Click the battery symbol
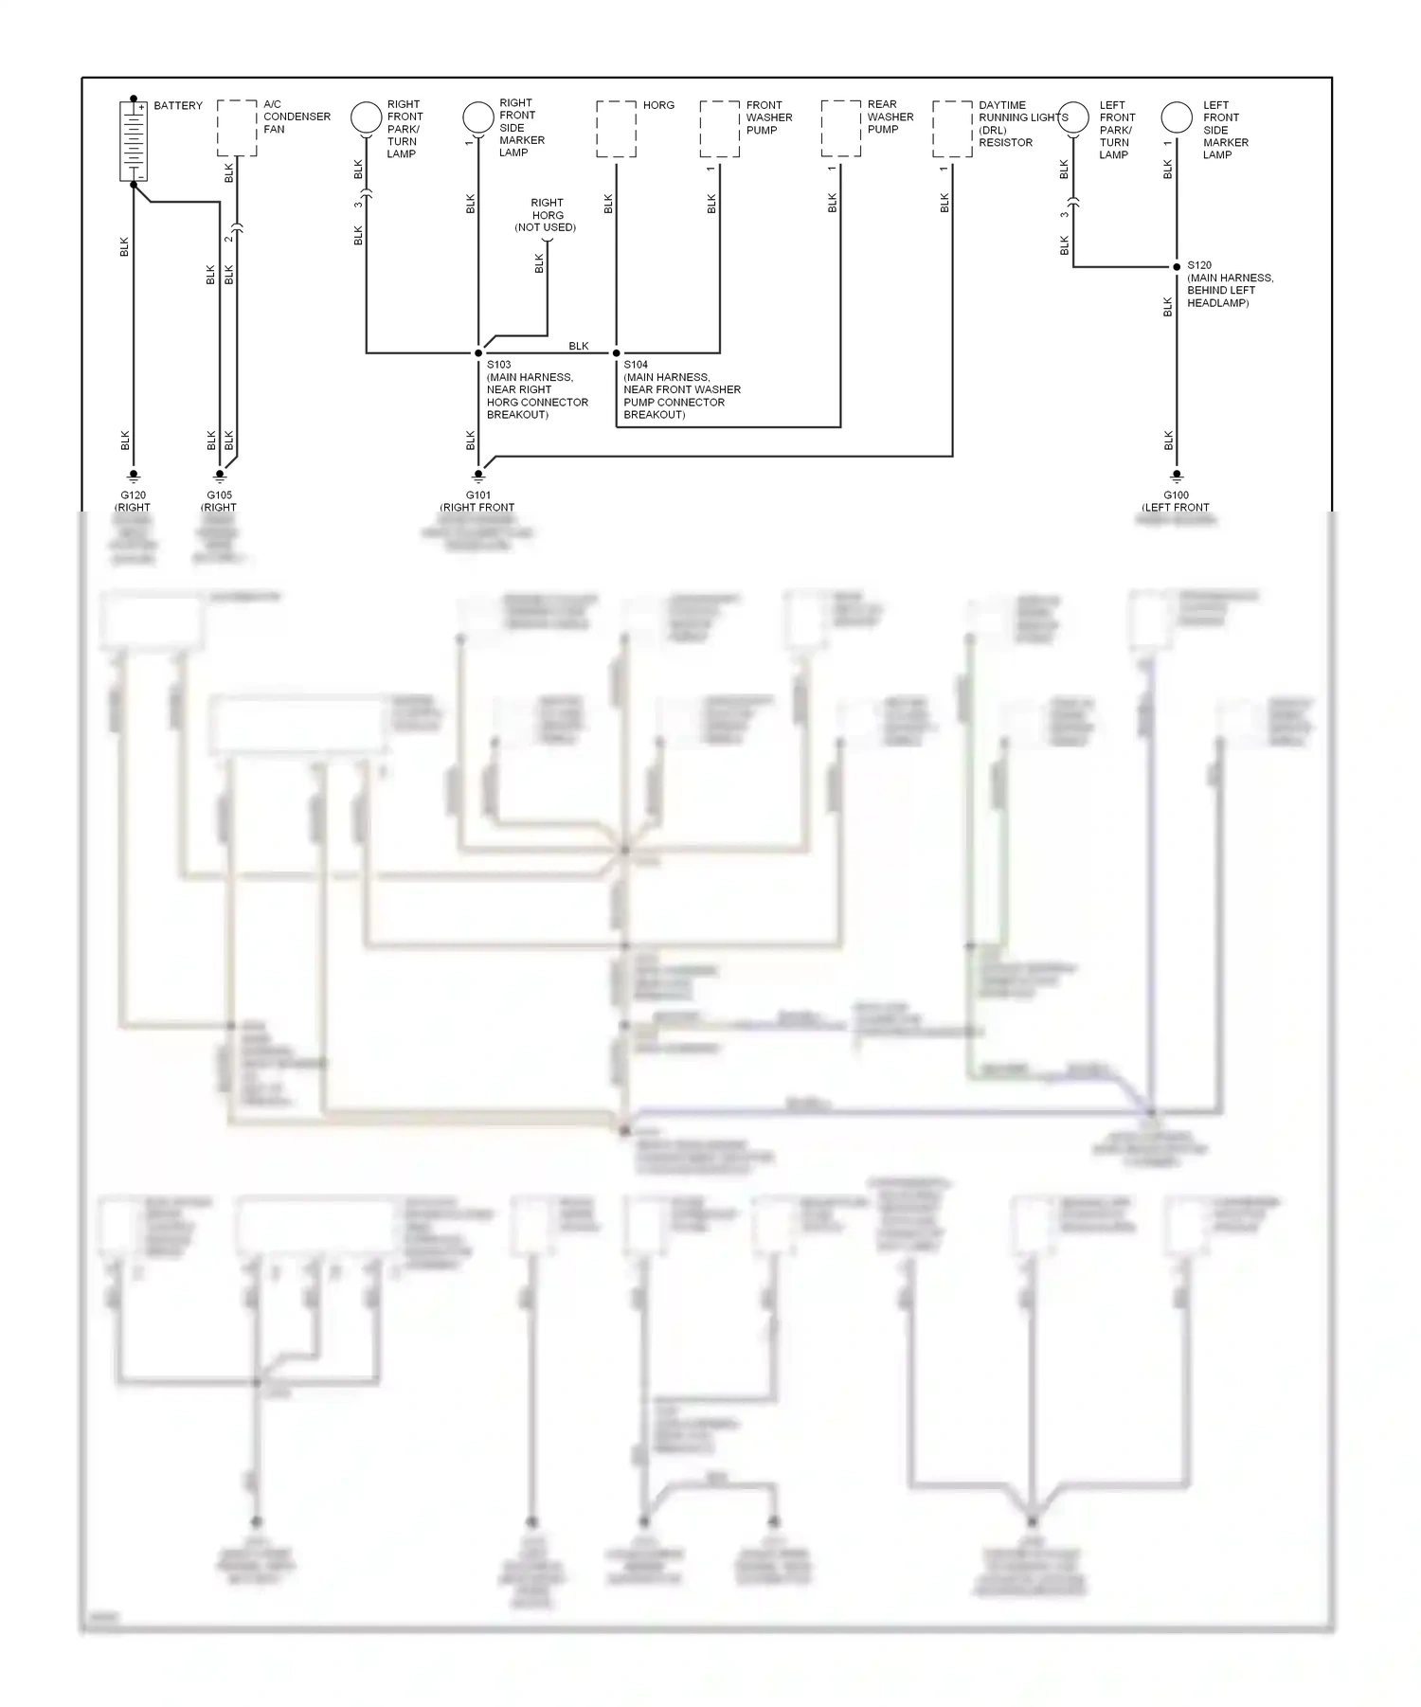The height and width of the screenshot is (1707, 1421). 134,140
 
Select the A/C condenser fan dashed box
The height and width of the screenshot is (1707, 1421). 237,128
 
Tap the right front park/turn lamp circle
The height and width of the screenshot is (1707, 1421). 366,117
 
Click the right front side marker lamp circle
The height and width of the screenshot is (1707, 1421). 478,117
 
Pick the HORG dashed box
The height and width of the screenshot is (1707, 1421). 616,129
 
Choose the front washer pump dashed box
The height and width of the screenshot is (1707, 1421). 720,129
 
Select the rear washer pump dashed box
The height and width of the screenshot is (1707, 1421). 840,129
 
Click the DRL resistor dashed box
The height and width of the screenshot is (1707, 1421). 952,129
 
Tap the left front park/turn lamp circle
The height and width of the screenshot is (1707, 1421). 1073,117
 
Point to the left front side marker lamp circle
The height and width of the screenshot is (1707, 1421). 1177,117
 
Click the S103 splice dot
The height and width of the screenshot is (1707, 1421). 478,353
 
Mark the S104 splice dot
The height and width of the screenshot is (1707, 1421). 617,353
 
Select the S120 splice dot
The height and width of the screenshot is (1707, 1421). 1177,267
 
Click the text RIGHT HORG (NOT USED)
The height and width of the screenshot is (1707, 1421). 547,215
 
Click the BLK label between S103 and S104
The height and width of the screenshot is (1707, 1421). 579,346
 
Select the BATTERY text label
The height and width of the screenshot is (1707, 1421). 178,105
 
